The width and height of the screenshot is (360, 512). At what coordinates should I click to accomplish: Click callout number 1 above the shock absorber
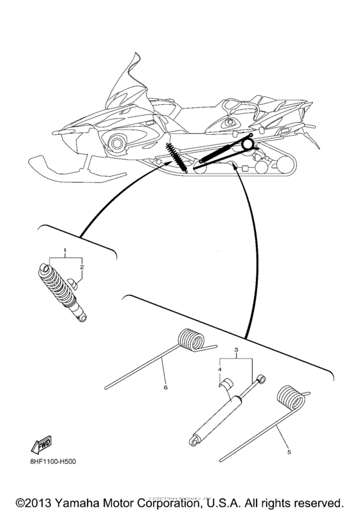(x=64, y=249)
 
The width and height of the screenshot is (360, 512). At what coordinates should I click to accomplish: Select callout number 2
(x=81, y=266)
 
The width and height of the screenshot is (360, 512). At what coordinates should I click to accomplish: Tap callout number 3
(x=236, y=350)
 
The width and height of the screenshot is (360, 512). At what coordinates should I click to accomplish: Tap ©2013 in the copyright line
(x=33, y=500)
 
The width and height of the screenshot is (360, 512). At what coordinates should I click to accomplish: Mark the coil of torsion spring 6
(x=191, y=340)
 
